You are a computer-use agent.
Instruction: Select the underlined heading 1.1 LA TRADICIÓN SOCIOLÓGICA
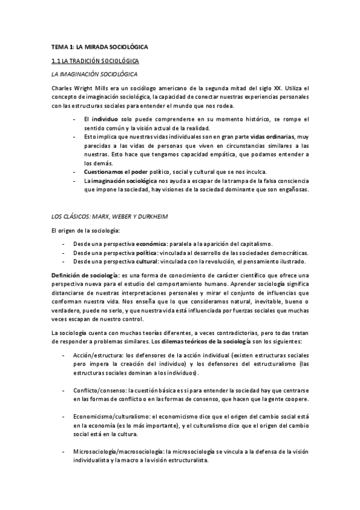click(x=95, y=61)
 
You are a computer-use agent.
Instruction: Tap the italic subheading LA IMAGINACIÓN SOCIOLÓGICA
click(x=94, y=74)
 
